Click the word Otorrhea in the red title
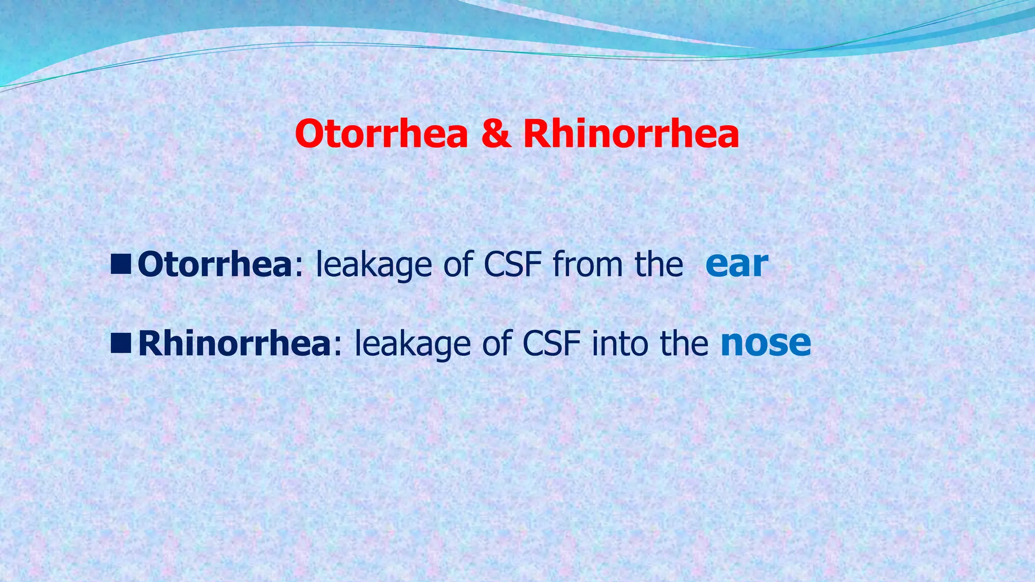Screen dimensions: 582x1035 click(382, 134)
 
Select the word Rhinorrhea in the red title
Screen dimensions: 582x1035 click(631, 134)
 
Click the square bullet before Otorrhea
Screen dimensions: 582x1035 click(121, 265)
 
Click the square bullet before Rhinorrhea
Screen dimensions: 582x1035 click(121, 344)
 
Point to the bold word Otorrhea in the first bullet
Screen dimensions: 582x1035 click(215, 264)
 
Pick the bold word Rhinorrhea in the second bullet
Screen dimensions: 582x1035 click(234, 343)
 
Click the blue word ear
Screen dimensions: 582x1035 click(737, 264)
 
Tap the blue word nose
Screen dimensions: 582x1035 click(766, 343)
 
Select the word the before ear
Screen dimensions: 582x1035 click(659, 264)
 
